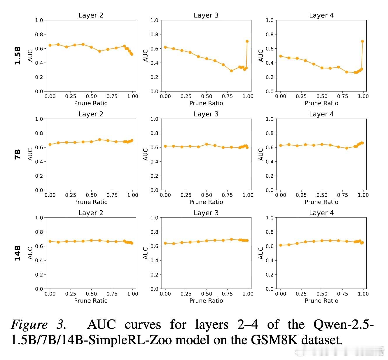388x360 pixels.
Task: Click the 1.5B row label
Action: click(18, 55)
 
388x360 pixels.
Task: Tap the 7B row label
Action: click(18, 154)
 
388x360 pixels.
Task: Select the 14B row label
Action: click(18, 253)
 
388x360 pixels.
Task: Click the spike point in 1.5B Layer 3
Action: click(247, 41)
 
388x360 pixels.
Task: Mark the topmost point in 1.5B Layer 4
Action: click(362, 41)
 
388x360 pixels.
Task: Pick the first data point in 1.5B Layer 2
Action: click(50, 45)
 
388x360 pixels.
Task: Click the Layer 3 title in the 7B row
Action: click(206, 114)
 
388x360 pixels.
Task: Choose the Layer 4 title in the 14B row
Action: click(321, 213)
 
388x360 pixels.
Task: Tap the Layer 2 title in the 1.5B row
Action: click(91, 15)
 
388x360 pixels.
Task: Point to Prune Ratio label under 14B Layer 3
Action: click(206, 301)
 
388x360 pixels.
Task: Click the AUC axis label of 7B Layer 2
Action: click(30, 154)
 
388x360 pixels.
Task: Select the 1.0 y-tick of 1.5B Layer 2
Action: click(39, 20)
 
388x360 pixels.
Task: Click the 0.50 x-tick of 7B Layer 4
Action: click(322, 195)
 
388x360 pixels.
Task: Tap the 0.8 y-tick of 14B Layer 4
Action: click(270, 232)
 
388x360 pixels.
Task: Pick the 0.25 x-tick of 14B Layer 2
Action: click(71, 294)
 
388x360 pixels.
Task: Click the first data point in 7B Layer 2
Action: click(50, 144)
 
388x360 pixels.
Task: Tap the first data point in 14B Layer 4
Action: click(281, 245)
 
